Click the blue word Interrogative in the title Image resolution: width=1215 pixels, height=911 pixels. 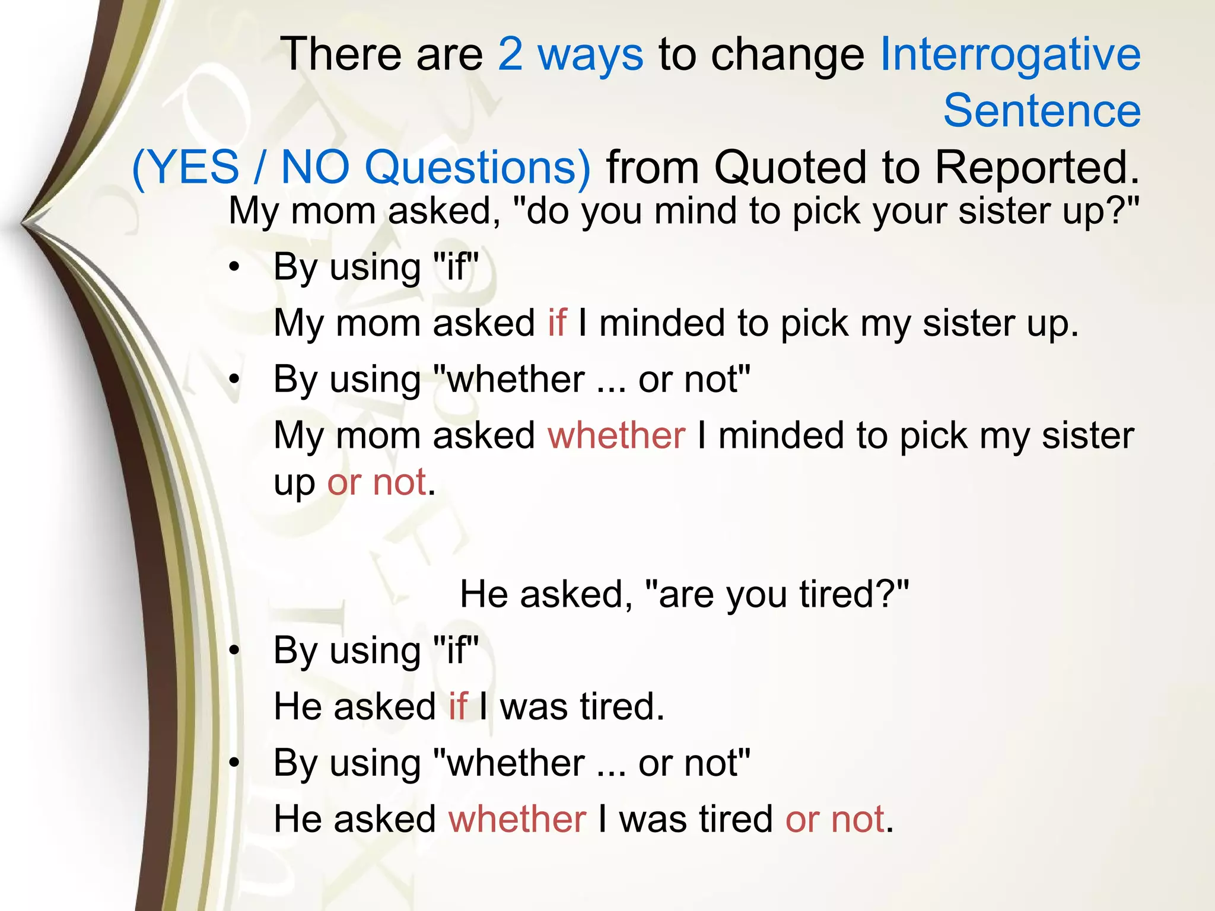tap(1010, 55)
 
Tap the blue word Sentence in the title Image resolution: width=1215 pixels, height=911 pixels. tap(1042, 111)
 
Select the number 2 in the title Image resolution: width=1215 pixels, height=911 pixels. tap(510, 55)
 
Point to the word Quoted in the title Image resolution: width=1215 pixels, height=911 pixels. tap(790, 167)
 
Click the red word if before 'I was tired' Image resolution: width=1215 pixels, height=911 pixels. tap(457, 706)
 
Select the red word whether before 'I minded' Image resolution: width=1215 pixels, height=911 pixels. tap(616, 435)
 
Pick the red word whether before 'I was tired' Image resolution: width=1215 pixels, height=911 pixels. tap(517, 819)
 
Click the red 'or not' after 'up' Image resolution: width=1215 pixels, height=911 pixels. tap(376, 482)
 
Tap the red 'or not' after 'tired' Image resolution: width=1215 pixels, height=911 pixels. tap(835, 819)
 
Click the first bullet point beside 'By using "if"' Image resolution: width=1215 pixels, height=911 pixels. tap(235, 268)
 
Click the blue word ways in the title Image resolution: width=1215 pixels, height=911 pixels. tap(590, 55)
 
